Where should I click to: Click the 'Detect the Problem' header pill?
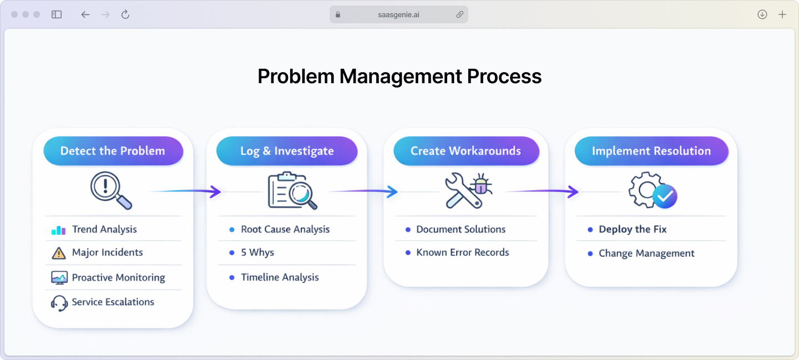(x=113, y=151)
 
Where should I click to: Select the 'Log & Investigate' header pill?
(x=287, y=151)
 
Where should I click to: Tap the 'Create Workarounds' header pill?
(x=466, y=151)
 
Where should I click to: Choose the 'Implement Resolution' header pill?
(x=651, y=151)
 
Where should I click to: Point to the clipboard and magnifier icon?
(x=292, y=191)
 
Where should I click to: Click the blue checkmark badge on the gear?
(x=665, y=196)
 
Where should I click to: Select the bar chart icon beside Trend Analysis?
(x=58, y=230)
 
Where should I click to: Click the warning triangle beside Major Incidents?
(x=58, y=253)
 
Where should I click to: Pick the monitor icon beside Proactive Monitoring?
(x=59, y=277)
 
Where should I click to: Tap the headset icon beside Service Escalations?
(x=59, y=303)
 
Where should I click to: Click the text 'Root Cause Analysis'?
(x=285, y=229)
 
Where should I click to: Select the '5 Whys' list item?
(x=257, y=252)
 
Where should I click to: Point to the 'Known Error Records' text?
(x=463, y=252)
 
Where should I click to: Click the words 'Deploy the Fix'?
(x=633, y=229)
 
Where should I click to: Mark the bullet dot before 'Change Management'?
(x=590, y=253)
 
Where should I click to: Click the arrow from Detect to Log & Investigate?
(x=189, y=192)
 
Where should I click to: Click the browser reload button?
(x=125, y=14)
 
